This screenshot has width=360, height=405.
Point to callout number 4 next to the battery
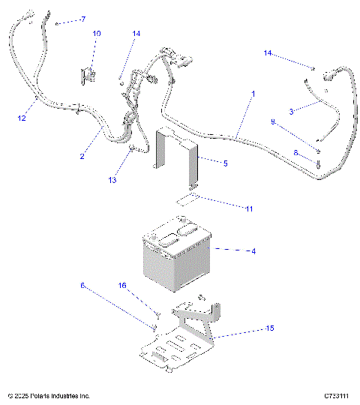253,250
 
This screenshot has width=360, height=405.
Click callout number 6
82,285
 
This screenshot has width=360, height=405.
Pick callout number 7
82,19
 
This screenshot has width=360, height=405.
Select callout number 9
273,121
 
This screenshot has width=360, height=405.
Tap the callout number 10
97,34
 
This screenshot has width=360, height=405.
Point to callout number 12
22,118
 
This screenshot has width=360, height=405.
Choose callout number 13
113,180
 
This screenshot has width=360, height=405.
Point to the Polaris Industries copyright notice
49,395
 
